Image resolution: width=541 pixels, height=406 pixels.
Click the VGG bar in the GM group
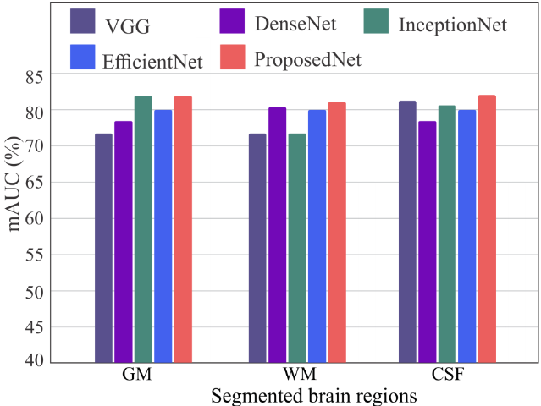point(103,248)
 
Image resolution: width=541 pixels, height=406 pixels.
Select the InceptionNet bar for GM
point(143,229)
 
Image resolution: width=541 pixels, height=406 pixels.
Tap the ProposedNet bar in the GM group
point(183,229)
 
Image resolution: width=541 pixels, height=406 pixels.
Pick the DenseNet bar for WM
point(278,235)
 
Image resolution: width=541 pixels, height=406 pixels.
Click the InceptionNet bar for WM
point(297,248)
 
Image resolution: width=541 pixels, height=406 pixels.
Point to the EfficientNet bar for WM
point(317,237)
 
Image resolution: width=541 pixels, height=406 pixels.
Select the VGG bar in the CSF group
point(407,232)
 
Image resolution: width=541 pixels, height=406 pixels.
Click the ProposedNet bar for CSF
point(487,229)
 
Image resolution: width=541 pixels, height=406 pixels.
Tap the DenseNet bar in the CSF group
point(428,242)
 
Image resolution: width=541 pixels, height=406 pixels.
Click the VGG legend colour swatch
point(83,21)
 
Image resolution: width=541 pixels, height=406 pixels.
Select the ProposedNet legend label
point(308,60)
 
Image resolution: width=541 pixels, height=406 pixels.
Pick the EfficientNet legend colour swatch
point(83,57)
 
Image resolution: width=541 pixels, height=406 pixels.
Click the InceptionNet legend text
point(453,25)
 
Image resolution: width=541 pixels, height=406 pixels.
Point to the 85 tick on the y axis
point(35,77)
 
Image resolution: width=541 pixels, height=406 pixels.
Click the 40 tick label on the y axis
point(35,360)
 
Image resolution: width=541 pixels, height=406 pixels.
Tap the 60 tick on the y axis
point(35,218)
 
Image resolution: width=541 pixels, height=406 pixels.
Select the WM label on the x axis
point(300,375)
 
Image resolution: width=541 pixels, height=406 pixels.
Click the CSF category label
point(448,375)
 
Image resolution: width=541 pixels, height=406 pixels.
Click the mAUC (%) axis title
point(14,184)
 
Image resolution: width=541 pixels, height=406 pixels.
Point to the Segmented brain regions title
point(313,396)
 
